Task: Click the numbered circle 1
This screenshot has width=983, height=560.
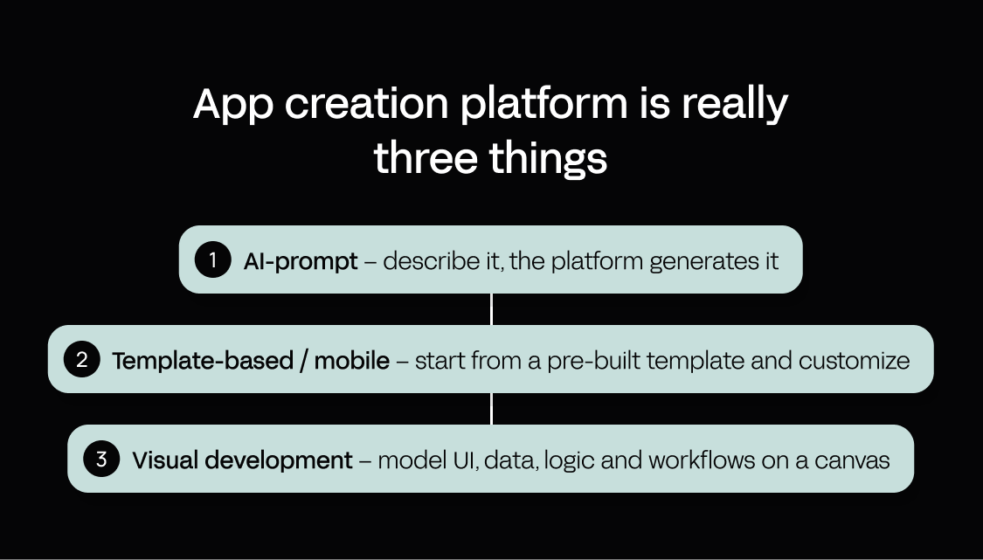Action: click(x=213, y=259)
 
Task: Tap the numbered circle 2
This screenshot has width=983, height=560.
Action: click(x=81, y=359)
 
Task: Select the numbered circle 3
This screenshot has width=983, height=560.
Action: click(x=101, y=459)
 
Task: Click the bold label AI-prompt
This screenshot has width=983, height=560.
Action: click(x=301, y=261)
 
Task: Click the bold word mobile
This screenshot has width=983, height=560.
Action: click(x=352, y=361)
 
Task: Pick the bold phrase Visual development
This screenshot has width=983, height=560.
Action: click(x=242, y=460)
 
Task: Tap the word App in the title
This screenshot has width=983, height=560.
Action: click(x=233, y=104)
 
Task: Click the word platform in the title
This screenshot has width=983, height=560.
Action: click(x=543, y=104)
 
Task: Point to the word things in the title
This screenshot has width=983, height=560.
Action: click(x=548, y=159)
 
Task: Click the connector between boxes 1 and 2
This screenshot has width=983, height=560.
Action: click(x=491, y=309)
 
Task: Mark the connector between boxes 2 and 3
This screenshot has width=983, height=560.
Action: click(x=491, y=409)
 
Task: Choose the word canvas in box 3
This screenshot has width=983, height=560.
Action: click(x=852, y=461)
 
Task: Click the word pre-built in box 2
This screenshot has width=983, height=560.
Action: click(x=593, y=361)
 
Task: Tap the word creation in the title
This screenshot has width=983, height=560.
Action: click(x=367, y=104)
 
